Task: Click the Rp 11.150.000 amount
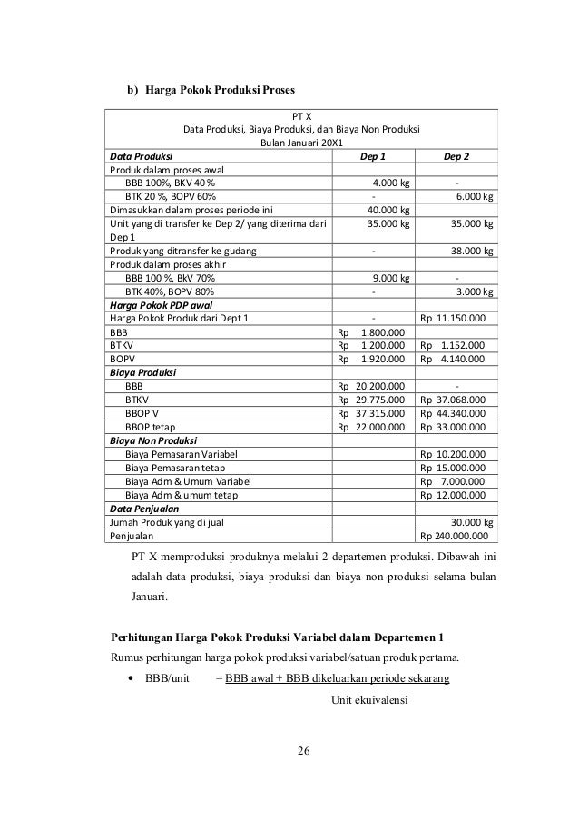(453, 319)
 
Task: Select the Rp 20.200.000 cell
(371, 385)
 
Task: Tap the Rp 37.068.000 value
(453, 399)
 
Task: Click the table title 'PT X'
(301, 115)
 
